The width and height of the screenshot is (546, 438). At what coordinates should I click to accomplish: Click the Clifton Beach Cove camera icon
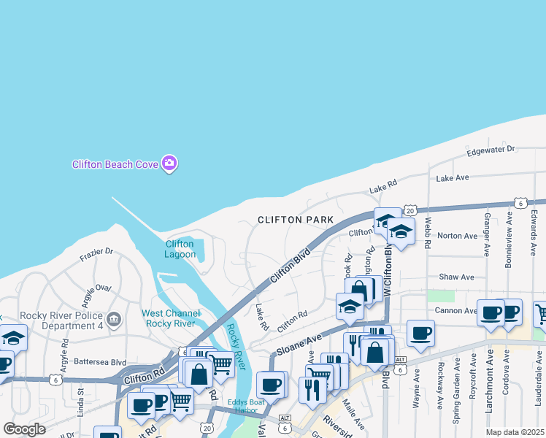click(169, 163)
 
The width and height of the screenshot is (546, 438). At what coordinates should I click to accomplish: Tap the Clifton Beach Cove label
click(115, 164)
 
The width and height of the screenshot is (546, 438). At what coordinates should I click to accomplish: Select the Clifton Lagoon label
click(180, 249)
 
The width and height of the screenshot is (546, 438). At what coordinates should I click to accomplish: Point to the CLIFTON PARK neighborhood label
click(296, 220)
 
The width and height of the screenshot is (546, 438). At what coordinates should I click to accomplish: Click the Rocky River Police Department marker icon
click(113, 319)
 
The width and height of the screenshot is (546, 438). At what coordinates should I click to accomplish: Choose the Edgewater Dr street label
click(491, 150)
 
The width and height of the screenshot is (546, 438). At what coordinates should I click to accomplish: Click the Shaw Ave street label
click(456, 277)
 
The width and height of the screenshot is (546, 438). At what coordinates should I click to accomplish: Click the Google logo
click(25, 429)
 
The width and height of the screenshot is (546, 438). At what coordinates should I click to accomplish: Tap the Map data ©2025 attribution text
click(515, 432)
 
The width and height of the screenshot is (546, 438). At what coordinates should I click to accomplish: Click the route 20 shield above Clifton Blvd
click(410, 209)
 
